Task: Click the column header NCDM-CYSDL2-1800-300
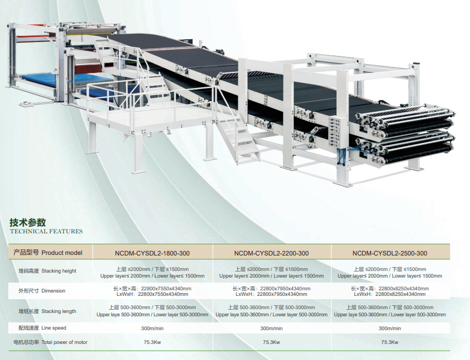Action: pyautogui.click(x=152, y=253)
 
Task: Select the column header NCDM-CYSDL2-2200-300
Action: pyautogui.click(x=271, y=253)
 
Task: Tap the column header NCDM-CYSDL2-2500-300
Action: pyautogui.click(x=390, y=253)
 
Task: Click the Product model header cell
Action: pyautogui.click(x=48, y=252)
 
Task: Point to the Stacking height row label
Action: pyautogui.click(x=48, y=271)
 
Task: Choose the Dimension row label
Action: pyautogui.click(x=41, y=291)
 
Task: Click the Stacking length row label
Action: pyautogui.click(x=48, y=311)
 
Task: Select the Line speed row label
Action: pyautogui.click(x=42, y=328)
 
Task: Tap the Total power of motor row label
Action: pyautogui.click(x=50, y=342)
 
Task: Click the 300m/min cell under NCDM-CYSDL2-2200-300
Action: pyautogui.click(x=271, y=328)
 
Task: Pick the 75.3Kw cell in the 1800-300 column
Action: pyautogui.click(x=152, y=342)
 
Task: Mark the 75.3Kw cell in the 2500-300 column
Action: pyautogui.click(x=390, y=342)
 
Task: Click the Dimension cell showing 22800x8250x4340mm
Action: pyautogui.click(x=390, y=291)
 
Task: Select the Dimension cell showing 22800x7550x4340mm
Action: pyautogui.click(x=152, y=291)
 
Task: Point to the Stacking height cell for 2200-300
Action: pyautogui.click(x=271, y=273)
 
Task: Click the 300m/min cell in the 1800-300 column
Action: pyautogui.click(x=152, y=328)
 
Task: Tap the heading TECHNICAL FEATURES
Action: pyautogui.click(x=46, y=231)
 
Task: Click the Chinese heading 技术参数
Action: pyautogui.click(x=28, y=222)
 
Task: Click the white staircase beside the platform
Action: pyautogui.click(x=238, y=137)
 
